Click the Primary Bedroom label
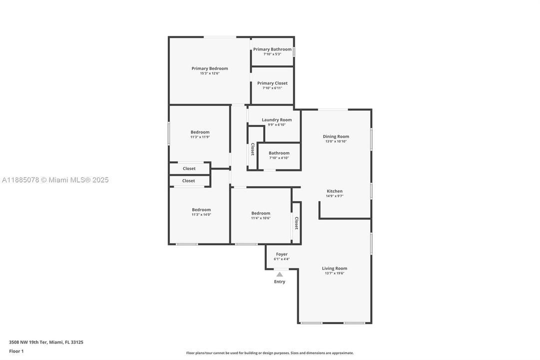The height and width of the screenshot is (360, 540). (x=210, y=68)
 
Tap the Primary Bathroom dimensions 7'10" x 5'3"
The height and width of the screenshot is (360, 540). (x=272, y=54)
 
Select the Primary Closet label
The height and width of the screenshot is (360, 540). (x=272, y=83)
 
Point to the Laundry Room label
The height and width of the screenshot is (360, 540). (x=277, y=120)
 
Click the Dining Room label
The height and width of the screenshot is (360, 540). (x=336, y=136)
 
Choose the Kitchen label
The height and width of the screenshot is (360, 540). (x=335, y=191)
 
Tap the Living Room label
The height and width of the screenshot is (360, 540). (x=334, y=268)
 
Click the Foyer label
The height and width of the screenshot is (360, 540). (x=282, y=254)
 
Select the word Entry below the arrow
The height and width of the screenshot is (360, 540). (x=280, y=281)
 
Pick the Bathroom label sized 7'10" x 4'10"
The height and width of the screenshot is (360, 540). (x=279, y=153)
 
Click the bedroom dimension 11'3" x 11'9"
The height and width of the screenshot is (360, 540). (x=200, y=137)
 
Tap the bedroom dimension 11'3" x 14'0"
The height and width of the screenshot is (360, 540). (x=201, y=214)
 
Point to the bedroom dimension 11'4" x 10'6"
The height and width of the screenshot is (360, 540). (x=261, y=218)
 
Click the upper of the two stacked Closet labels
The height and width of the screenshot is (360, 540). (x=189, y=168)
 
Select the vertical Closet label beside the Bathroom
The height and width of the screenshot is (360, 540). (x=253, y=149)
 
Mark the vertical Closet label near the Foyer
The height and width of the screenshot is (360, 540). (x=296, y=223)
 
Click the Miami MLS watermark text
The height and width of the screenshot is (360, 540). (x=55, y=180)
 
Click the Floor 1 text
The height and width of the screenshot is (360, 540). (x=16, y=351)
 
